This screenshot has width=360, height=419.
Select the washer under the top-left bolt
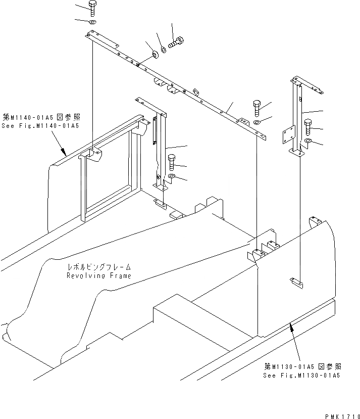pyautogui.click(x=92, y=23)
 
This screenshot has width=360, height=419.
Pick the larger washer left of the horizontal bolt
pyautogui.click(x=154, y=54)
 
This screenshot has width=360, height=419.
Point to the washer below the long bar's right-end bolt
pyautogui.click(x=257, y=121)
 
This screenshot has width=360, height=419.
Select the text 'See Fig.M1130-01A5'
pyautogui.click(x=301, y=376)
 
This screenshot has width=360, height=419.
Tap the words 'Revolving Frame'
pyautogui.click(x=98, y=276)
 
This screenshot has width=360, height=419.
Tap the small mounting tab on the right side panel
pyautogui.click(x=296, y=284)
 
